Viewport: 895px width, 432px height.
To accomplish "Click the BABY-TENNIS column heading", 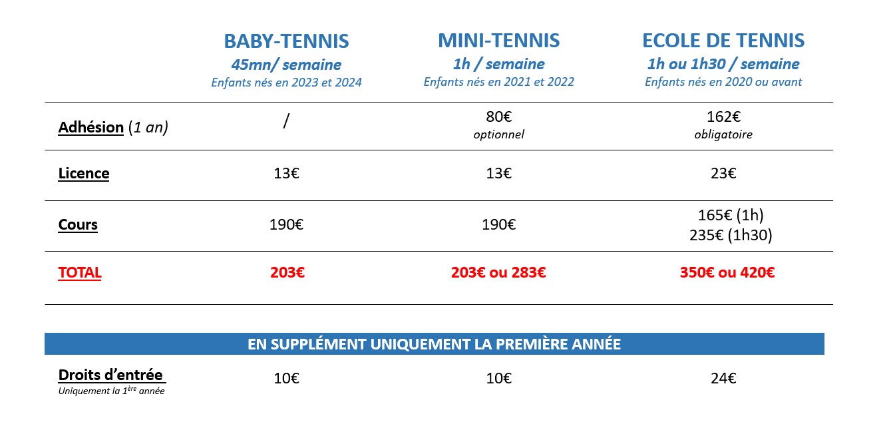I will tap(286, 41).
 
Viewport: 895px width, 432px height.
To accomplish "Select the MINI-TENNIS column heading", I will tap(498, 41).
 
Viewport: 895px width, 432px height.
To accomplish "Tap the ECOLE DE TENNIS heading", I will tap(723, 41).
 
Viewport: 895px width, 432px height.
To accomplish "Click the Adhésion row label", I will tap(91, 127).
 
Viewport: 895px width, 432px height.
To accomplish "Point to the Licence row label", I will tap(84, 174).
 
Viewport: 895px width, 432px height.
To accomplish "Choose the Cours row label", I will tap(78, 224).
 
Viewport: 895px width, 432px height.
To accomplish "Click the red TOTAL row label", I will tap(80, 272).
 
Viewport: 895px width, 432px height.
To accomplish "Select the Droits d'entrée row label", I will tap(110, 374).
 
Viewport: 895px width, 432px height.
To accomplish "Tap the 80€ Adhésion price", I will tap(498, 117).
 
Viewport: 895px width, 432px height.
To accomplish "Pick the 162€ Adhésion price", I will tap(723, 117).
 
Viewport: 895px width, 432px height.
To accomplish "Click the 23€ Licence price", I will tap(723, 174).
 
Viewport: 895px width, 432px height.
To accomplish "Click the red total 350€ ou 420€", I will tap(727, 272).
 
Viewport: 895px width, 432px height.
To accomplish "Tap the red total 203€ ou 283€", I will tap(498, 272).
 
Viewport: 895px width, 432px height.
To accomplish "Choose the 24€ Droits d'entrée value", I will tap(723, 379).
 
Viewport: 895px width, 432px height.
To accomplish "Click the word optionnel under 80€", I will tap(498, 134).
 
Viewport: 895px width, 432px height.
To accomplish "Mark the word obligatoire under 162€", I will tap(723, 134).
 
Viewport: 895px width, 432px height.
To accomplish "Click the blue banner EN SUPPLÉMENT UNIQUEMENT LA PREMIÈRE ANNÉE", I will tap(434, 344).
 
